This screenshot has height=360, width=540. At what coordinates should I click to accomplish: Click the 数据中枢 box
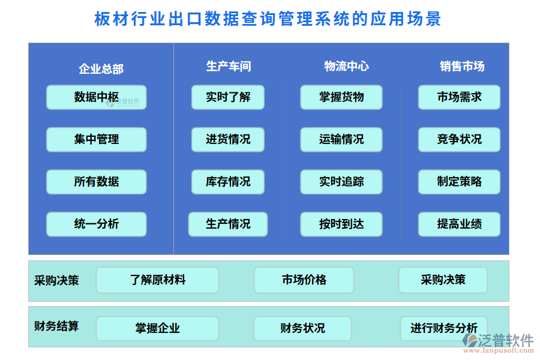click(96, 97)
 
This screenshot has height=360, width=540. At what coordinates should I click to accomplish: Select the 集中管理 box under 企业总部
click(96, 139)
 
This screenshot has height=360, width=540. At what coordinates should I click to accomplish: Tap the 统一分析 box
click(96, 224)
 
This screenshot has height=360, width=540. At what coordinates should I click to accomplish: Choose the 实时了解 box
click(228, 97)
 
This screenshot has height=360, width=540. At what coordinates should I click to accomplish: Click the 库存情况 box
click(228, 182)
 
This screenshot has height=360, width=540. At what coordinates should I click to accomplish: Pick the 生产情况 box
click(228, 224)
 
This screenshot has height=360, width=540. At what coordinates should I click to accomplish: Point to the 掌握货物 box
click(341, 97)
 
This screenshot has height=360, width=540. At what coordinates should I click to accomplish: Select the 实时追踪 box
click(341, 182)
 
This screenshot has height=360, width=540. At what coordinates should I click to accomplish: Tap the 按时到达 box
click(341, 224)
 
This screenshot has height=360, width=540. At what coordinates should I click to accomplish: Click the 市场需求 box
click(459, 97)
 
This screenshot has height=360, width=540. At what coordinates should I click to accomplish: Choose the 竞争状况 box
click(459, 139)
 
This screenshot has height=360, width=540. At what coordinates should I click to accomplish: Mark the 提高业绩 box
click(459, 224)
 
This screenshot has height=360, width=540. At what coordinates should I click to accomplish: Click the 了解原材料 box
click(158, 280)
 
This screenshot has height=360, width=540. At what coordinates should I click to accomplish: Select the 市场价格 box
click(304, 280)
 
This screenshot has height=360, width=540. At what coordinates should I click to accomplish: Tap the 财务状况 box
click(302, 328)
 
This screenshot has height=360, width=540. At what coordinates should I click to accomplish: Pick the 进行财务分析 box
click(444, 328)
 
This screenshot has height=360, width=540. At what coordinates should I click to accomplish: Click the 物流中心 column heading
click(346, 67)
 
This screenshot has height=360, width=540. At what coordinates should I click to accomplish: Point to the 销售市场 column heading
click(462, 67)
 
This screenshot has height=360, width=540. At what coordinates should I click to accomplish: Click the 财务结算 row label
click(56, 326)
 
